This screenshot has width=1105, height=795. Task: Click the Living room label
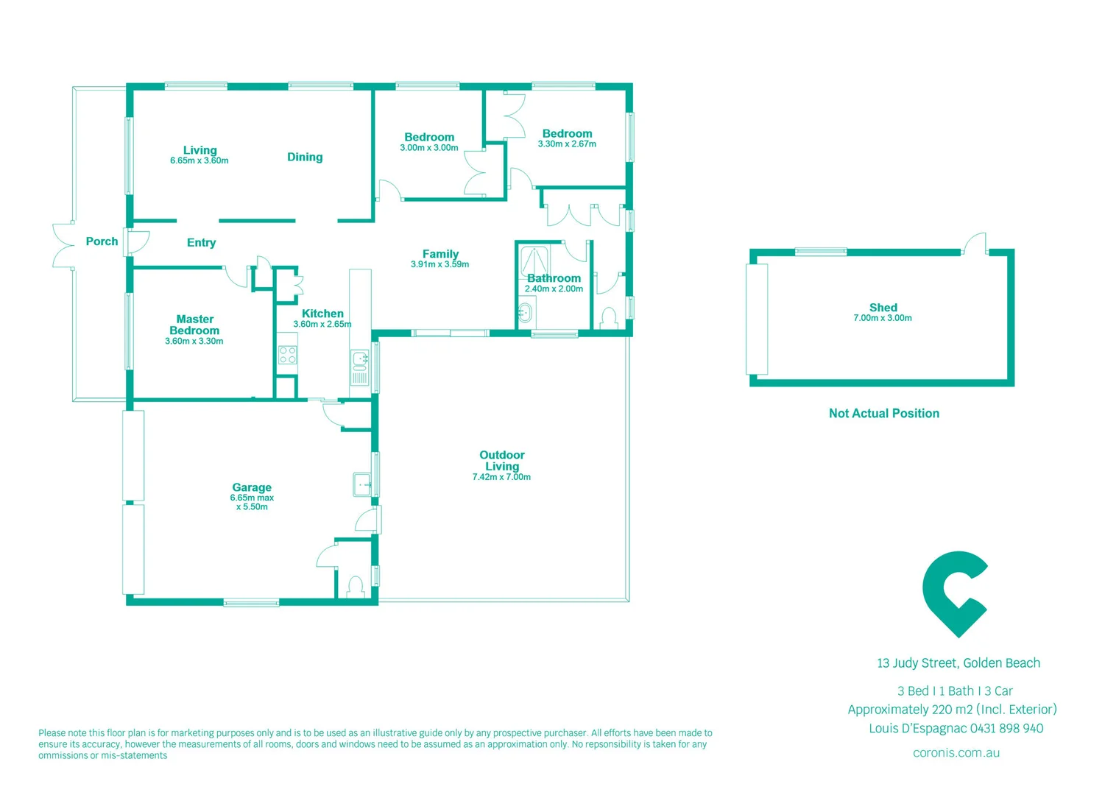(200, 150)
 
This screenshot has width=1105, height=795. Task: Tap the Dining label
(305, 157)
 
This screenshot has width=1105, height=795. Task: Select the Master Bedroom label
(194, 325)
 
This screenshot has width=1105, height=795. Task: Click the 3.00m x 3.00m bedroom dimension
(429, 148)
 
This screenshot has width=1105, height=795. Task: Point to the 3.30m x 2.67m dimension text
(567, 144)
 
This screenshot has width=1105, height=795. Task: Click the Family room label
(440, 254)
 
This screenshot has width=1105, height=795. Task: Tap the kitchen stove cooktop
(288, 355)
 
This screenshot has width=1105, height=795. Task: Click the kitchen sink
(360, 359)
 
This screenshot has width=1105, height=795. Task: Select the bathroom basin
(525, 313)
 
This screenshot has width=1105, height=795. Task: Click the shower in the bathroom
(534, 261)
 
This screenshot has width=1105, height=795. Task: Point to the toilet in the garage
(356, 587)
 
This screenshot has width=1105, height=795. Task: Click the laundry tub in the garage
(362, 484)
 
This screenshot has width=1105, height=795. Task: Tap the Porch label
(102, 241)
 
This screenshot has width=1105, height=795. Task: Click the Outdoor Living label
(502, 461)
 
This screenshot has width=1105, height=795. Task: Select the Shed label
(883, 308)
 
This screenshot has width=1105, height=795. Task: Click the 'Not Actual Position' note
(884, 414)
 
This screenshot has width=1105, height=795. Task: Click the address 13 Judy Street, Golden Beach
(959, 663)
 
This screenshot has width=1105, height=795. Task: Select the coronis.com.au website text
(956, 753)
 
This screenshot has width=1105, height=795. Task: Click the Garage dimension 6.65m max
(252, 498)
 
